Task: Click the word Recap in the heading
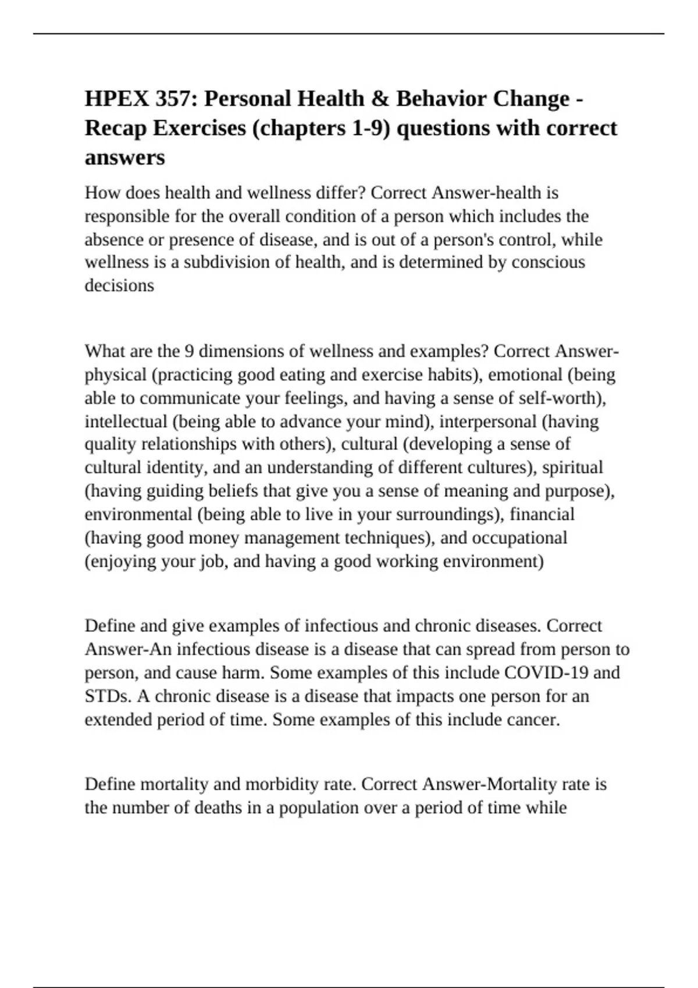pos(115,128)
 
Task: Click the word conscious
pos(548,263)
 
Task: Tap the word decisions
pos(119,286)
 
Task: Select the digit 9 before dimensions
pos(189,352)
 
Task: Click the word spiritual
pos(572,468)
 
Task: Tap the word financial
pos(542,514)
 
